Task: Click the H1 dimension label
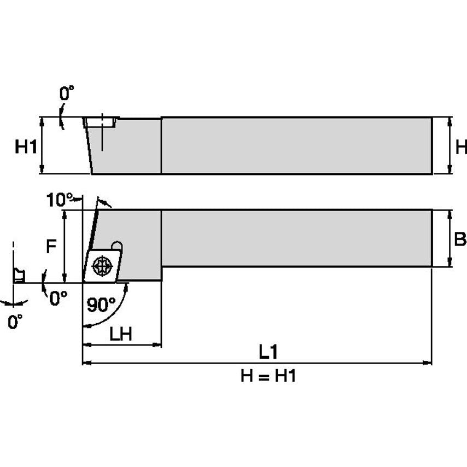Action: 25,147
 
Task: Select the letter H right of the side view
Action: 461,147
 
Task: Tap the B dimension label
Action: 460,239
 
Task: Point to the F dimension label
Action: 50,247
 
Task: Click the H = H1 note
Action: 268,376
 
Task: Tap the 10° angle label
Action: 56,200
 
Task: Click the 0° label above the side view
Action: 66,94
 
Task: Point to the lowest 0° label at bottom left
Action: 16,322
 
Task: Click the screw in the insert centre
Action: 101,266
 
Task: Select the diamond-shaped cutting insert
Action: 103,266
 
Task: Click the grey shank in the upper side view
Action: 295,145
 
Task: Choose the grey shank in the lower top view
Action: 295,238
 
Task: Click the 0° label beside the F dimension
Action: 58,297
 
